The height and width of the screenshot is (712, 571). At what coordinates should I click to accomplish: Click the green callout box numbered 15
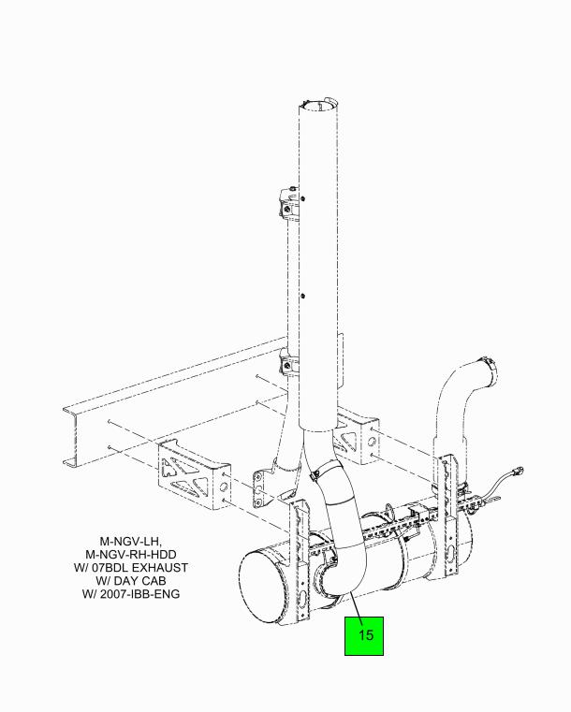pyautogui.click(x=364, y=635)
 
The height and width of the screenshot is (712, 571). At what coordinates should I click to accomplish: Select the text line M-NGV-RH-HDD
pyautogui.click(x=131, y=555)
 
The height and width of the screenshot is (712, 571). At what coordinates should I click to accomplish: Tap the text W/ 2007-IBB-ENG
pyautogui.click(x=131, y=594)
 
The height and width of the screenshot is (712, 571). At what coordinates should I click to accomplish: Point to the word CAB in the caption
pyautogui.click(x=154, y=581)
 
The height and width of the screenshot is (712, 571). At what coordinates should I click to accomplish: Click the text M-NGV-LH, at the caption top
pyautogui.click(x=130, y=542)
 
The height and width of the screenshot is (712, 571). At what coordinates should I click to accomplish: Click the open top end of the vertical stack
pyautogui.click(x=318, y=106)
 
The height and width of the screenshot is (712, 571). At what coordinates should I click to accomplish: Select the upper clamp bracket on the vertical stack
pyautogui.click(x=288, y=203)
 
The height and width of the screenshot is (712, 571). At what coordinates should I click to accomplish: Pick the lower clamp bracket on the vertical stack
pyautogui.click(x=288, y=363)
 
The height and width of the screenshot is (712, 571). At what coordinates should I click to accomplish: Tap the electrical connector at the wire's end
pyautogui.click(x=518, y=471)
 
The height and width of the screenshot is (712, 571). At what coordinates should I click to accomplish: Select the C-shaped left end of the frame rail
pyautogui.click(x=73, y=436)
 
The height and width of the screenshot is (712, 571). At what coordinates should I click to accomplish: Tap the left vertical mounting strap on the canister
pyautogui.click(x=300, y=563)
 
